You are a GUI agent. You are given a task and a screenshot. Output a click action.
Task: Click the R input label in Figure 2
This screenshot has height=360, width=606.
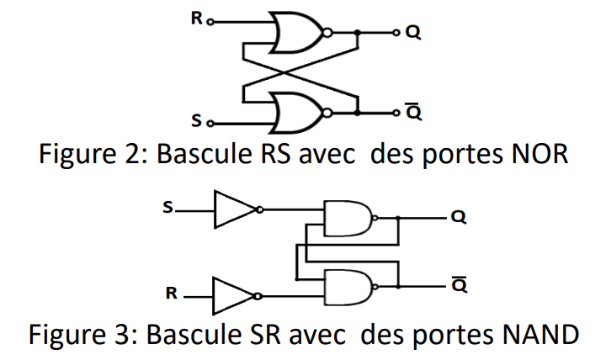tap(195, 18)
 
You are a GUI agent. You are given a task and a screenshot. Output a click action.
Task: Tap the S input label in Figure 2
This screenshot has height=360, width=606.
tap(196, 122)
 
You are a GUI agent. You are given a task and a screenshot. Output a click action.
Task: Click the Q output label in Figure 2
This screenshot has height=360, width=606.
tap(412, 33)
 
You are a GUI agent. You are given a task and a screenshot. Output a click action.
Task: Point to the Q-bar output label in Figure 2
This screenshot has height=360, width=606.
tap(412, 112)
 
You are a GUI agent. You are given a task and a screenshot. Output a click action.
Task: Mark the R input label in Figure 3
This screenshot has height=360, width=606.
tap(170, 294)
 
